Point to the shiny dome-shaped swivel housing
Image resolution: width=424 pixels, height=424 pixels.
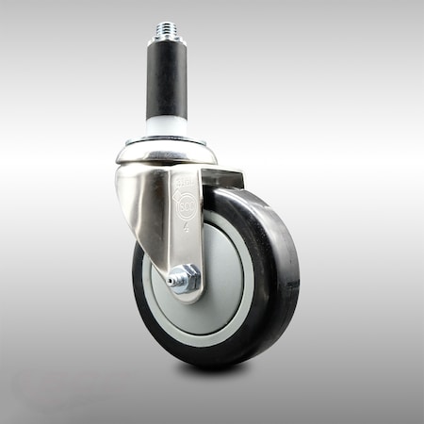tap(167, 152)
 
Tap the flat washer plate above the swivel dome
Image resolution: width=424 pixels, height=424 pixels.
tap(167, 142)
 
